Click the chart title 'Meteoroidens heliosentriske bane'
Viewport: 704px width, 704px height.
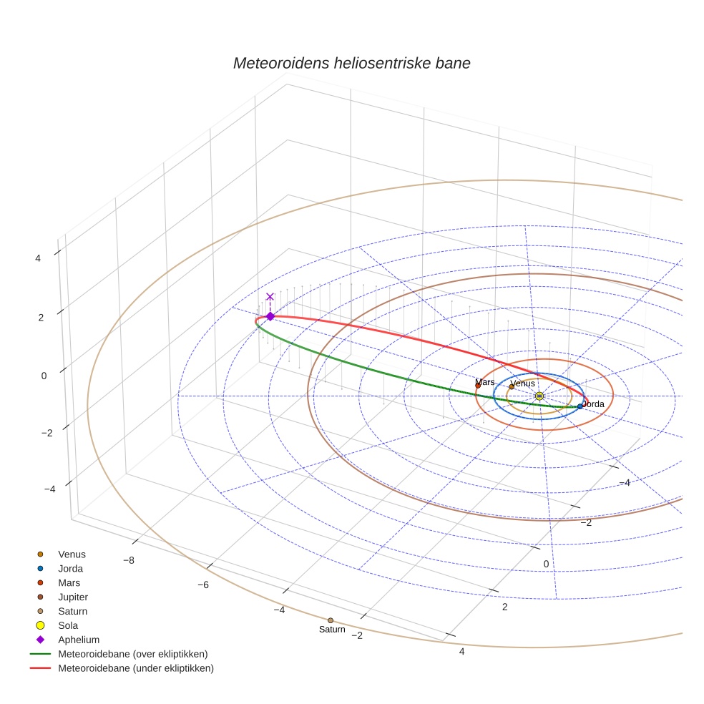(x=351, y=63)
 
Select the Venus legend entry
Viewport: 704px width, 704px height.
(x=72, y=554)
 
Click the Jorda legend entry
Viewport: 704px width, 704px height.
(x=70, y=569)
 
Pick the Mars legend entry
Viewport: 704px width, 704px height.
(x=69, y=583)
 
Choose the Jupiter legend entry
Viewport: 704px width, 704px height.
(x=73, y=597)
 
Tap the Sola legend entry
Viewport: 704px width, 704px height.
(x=68, y=626)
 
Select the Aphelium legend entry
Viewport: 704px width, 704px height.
(x=78, y=640)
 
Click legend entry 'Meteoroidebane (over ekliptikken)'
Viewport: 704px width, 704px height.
(x=132, y=655)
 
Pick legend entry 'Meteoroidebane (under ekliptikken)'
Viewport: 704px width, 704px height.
(x=135, y=669)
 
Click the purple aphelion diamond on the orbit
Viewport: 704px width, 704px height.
(x=270, y=316)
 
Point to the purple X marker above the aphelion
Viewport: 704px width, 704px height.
(x=270, y=296)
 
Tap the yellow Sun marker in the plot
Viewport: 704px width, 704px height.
(x=539, y=396)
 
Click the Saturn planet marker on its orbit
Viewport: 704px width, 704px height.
(x=330, y=620)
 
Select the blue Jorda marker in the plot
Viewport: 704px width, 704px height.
(x=580, y=406)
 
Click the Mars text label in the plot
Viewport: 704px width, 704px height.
(x=484, y=382)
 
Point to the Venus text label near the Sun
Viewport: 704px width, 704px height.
(x=523, y=384)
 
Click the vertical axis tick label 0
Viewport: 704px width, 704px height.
(x=44, y=376)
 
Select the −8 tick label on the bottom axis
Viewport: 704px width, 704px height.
(x=128, y=560)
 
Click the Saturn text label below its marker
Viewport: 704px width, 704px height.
(x=332, y=630)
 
